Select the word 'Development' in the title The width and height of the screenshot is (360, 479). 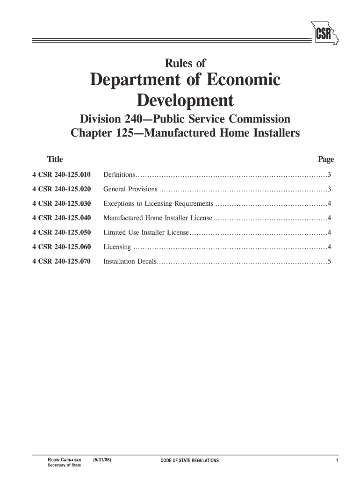(x=184, y=101)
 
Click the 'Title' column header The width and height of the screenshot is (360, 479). (x=55, y=160)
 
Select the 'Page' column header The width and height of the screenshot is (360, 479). (x=326, y=160)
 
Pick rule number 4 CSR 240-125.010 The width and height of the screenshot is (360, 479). (x=61, y=175)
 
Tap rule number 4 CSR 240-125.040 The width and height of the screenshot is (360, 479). (x=61, y=218)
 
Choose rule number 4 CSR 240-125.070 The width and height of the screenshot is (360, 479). (x=61, y=261)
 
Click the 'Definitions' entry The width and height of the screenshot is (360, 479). (x=119, y=175)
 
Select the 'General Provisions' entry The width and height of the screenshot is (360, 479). (x=130, y=189)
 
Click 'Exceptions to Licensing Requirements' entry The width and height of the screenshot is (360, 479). (x=158, y=204)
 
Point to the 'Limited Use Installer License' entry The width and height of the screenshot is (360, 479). (x=145, y=232)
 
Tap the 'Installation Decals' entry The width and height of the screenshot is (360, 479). (x=130, y=261)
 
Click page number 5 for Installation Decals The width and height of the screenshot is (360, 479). (x=330, y=261)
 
